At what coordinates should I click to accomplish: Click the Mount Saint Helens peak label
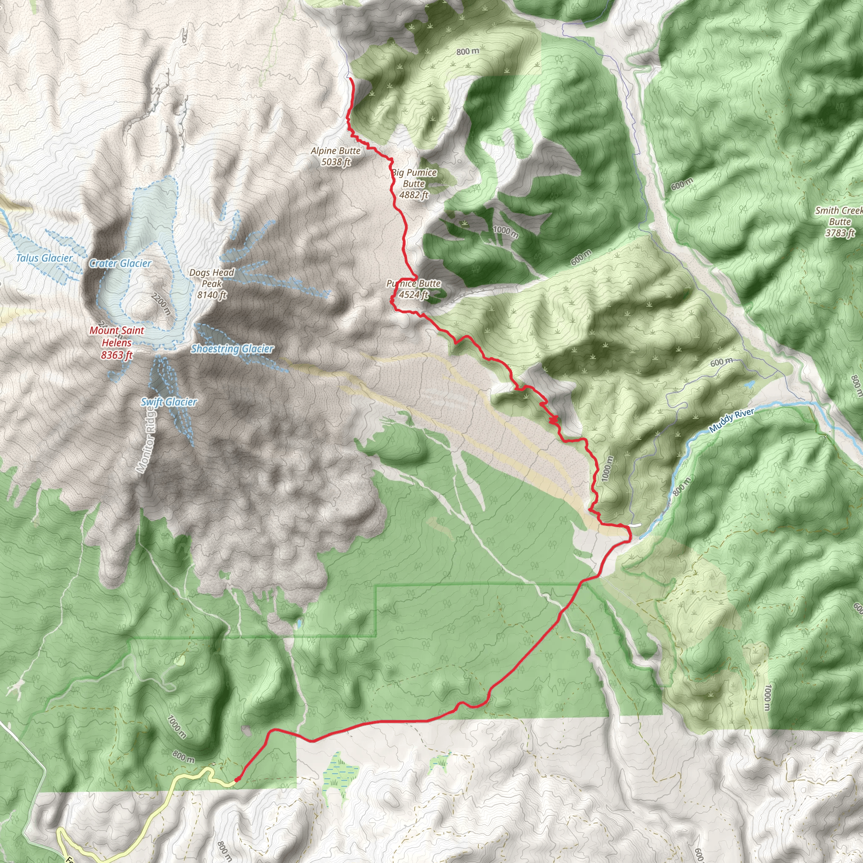coord(117,343)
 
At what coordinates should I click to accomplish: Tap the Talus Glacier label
coord(44,258)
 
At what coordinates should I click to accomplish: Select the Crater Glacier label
coord(120,263)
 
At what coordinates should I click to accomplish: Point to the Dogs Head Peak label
coord(212,284)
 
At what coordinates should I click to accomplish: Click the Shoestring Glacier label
coord(232,348)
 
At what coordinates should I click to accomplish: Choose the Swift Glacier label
coord(169,402)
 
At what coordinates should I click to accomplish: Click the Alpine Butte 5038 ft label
coord(336,156)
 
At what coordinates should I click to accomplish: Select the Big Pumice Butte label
coord(414,184)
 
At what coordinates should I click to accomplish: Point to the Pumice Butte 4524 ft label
coord(414,289)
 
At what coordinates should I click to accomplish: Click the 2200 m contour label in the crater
coord(161,304)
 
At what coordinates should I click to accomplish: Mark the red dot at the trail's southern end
coord(237,779)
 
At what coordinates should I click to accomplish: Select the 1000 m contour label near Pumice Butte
coord(506,231)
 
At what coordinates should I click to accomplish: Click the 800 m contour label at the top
coord(467,51)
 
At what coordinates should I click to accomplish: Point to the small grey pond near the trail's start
coord(246,731)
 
